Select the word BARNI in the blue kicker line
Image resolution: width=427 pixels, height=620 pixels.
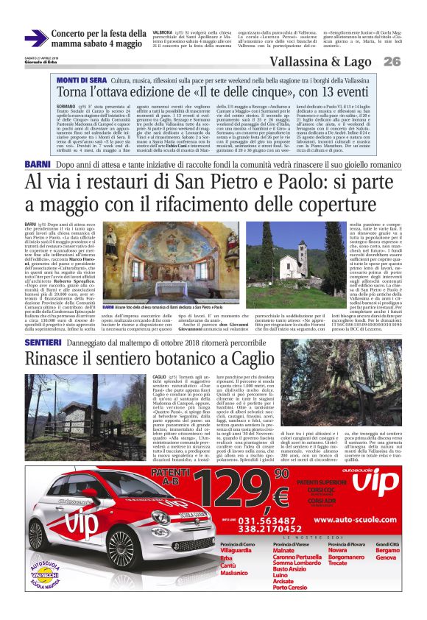(38, 163)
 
